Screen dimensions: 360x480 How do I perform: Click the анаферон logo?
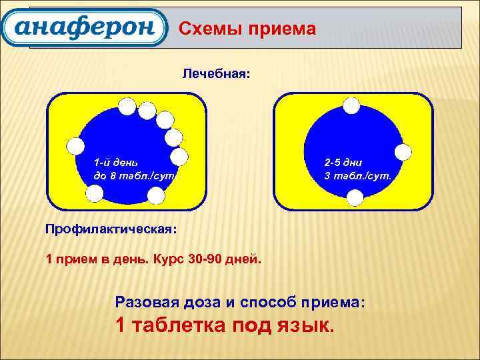(x=83, y=27)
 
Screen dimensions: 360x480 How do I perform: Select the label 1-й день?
(x=116, y=162)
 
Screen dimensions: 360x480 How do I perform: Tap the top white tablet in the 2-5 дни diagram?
(x=351, y=106)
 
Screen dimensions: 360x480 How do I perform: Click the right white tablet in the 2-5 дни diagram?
(x=403, y=152)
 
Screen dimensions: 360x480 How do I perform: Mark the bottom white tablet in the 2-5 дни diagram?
(x=355, y=197)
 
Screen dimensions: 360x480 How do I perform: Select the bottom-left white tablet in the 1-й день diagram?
(x=95, y=193)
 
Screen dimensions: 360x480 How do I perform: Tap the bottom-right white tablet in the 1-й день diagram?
(x=155, y=195)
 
